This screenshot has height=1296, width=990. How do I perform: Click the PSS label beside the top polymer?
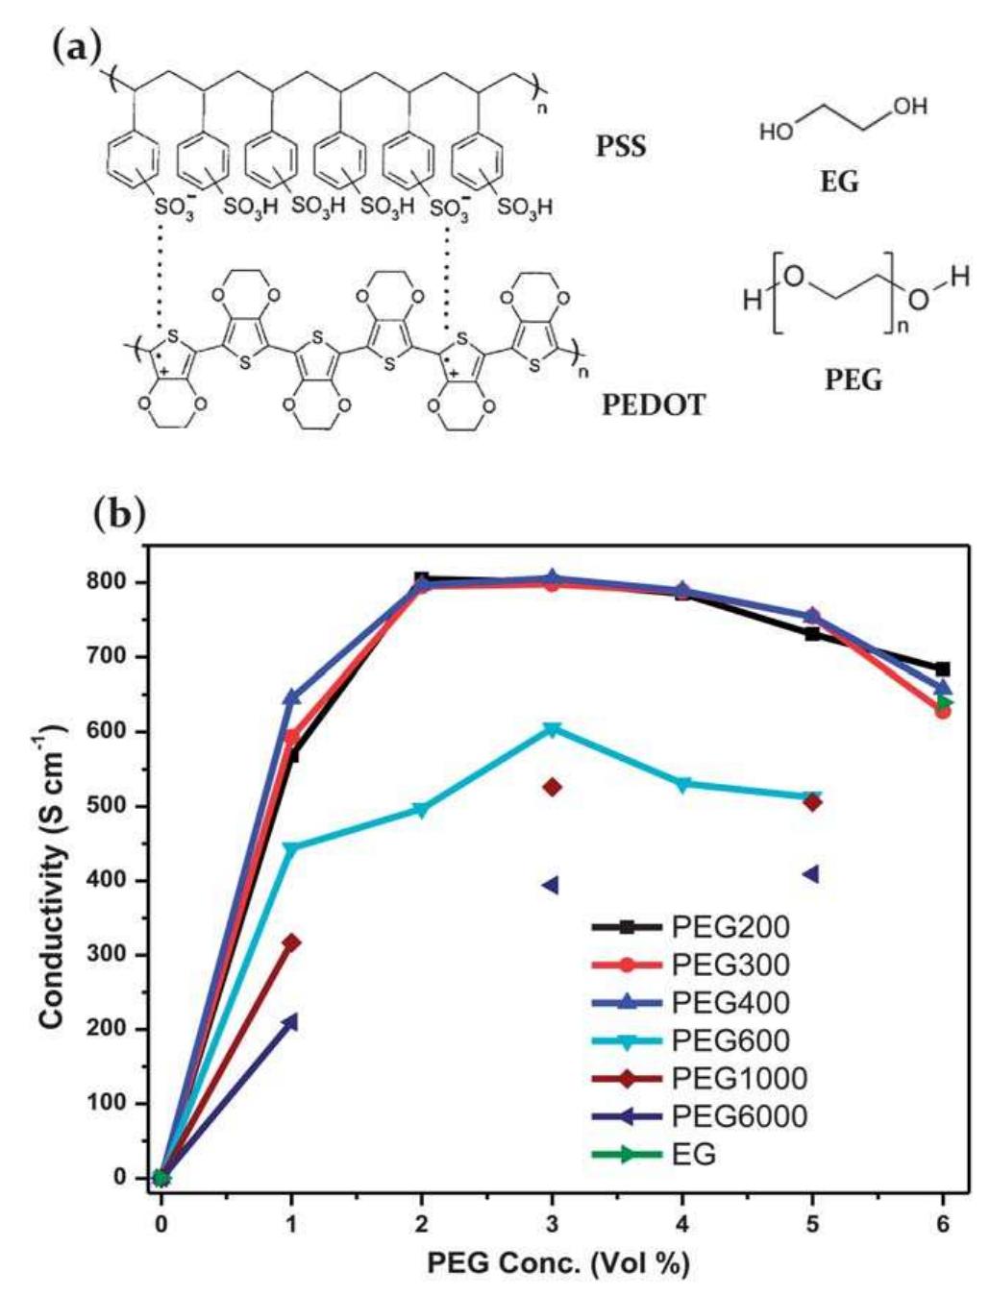(621, 147)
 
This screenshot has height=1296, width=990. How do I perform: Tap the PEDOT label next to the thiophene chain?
(653, 404)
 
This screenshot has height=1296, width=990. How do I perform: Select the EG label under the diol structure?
(838, 181)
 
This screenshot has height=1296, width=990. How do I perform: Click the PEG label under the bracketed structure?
(853, 380)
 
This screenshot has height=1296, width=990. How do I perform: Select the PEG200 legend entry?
(730, 927)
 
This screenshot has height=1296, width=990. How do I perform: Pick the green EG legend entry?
(693, 1154)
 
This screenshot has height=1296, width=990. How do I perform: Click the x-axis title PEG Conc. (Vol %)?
(558, 1262)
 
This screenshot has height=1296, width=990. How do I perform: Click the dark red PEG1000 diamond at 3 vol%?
(552, 787)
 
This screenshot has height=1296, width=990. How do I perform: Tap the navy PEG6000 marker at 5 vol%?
(812, 873)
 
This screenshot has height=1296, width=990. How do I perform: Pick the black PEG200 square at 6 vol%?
(943, 669)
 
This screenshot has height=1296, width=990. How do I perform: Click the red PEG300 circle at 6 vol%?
(943, 711)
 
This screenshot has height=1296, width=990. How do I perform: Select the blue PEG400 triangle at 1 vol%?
(291, 697)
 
